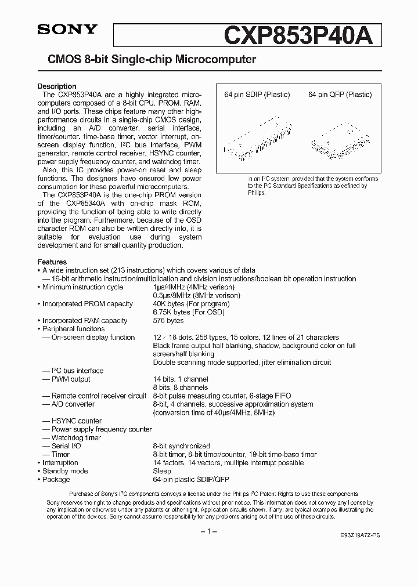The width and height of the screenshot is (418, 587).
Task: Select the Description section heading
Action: click(x=57, y=86)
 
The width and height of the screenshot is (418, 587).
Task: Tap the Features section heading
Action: click(x=52, y=262)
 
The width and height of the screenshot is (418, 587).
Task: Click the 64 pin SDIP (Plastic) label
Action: click(x=258, y=95)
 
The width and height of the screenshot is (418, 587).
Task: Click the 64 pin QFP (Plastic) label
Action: click(x=340, y=95)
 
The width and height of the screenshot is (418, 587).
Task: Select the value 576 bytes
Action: click(x=168, y=321)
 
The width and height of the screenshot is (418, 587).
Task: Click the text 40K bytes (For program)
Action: click(x=191, y=304)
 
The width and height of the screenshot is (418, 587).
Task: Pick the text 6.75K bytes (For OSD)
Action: click(x=188, y=312)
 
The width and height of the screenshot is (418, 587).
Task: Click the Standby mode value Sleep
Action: click(x=162, y=472)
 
